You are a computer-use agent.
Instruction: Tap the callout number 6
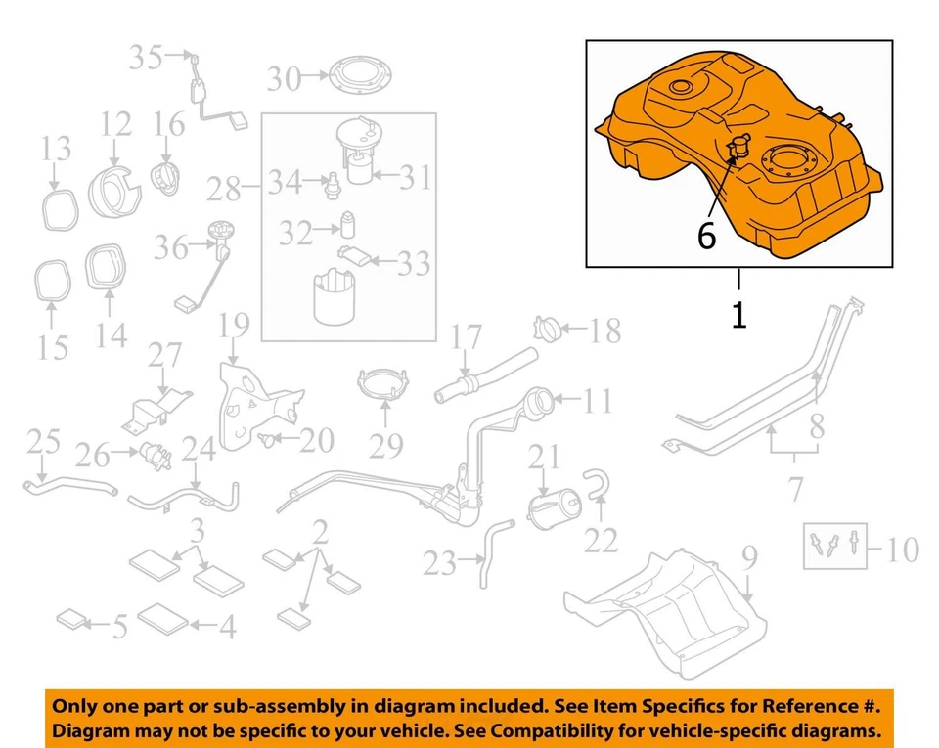(x=707, y=236)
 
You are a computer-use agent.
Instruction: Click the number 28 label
(x=224, y=186)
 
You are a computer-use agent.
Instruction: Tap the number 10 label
(x=901, y=550)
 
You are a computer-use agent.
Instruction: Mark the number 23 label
(x=440, y=563)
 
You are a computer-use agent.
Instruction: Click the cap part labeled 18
(x=549, y=326)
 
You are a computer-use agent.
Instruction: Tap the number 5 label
(x=118, y=626)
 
